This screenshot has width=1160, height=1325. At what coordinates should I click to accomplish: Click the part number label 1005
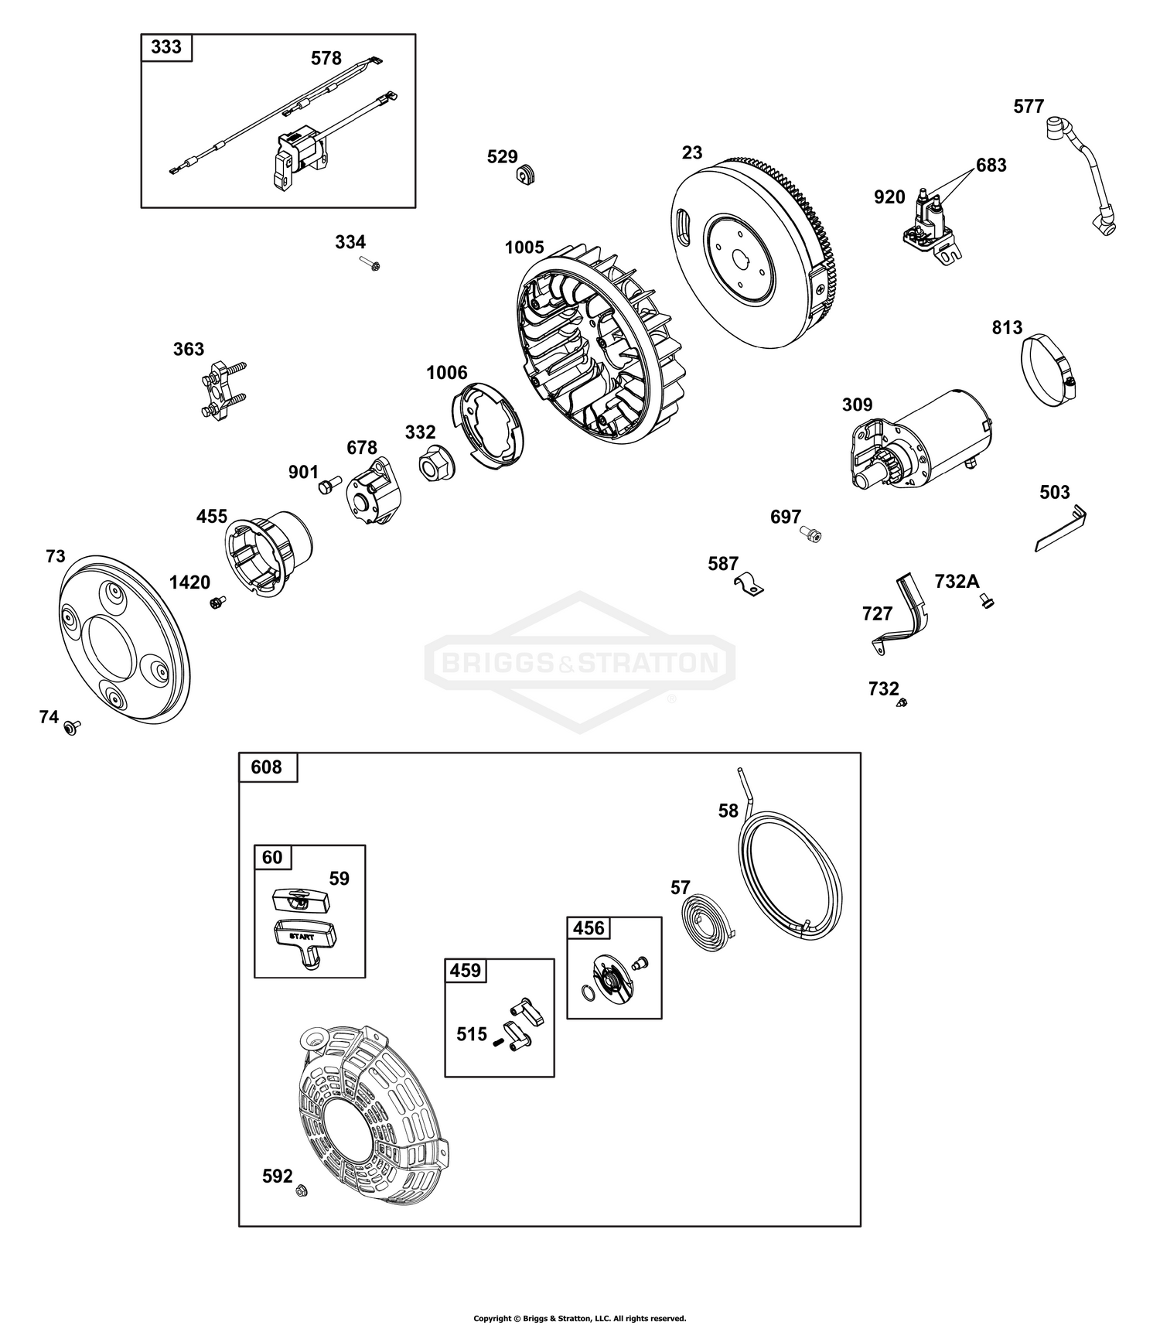pyautogui.click(x=524, y=248)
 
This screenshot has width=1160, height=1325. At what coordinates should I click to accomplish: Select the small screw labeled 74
pyautogui.click(x=73, y=726)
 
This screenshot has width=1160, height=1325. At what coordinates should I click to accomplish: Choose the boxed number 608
pyautogui.click(x=267, y=767)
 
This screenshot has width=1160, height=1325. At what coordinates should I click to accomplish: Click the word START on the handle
pyautogui.click(x=304, y=937)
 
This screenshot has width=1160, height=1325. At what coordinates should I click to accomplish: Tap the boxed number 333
pyautogui.click(x=166, y=47)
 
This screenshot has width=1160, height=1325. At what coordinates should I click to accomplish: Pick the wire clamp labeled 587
pyautogui.click(x=748, y=585)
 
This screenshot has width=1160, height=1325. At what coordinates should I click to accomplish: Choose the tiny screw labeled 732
pyautogui.click(x=902, y=702)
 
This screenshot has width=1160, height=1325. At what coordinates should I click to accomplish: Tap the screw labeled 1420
pyautogui.click(x=216, y=602)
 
